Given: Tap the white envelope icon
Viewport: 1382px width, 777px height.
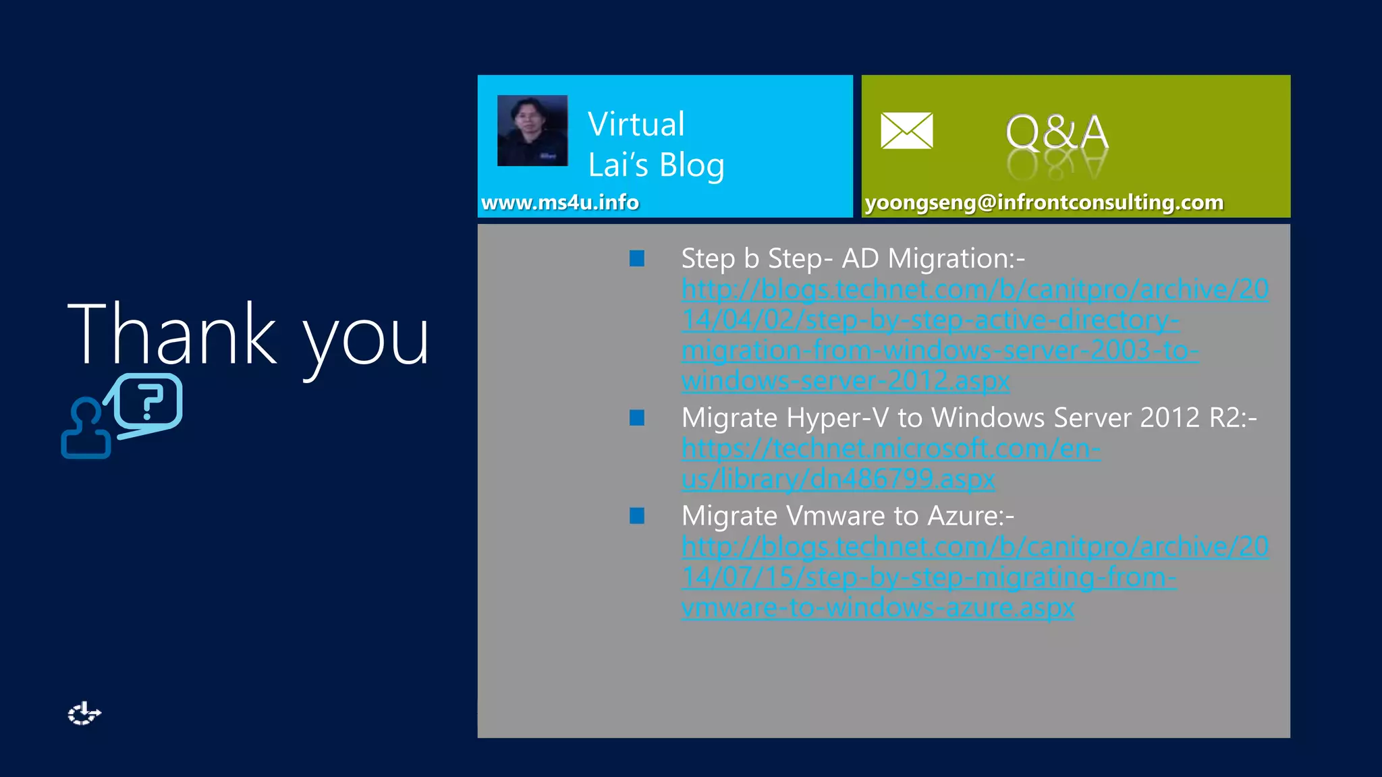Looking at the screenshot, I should tap(906, 131).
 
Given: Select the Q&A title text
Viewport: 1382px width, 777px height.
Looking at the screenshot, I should tap(1057, 132).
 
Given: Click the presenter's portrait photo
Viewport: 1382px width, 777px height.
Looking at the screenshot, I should tap(532, 131).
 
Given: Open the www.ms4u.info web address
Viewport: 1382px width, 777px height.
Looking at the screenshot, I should tap(559, 202).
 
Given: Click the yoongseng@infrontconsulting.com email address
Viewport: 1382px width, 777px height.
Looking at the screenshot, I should tap(1044, 202).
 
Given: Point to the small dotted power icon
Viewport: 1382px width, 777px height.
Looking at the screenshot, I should tap(84, 714).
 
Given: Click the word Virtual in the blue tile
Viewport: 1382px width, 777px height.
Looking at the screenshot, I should tap(636, 125).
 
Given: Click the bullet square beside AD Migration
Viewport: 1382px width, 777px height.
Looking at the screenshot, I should tap(637, 258).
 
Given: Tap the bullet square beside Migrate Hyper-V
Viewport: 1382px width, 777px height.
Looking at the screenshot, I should tap(637, 418).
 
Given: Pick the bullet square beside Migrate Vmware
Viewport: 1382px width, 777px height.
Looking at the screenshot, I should tap(637, 516).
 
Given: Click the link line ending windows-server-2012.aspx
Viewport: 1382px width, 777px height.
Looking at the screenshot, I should tap(845, 381).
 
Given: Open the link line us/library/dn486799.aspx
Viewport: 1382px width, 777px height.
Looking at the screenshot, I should tap(837, 479).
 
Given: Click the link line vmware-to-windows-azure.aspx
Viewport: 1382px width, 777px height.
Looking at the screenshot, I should tap(877, 608).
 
